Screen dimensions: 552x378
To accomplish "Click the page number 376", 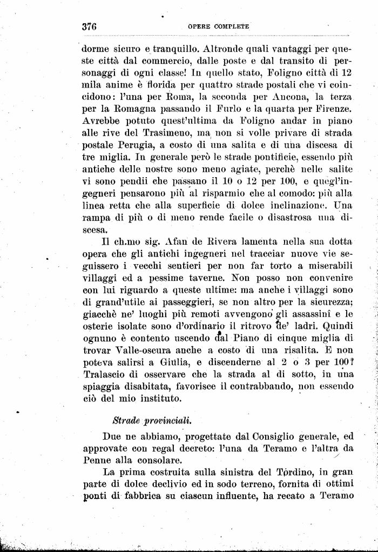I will coord(89,26).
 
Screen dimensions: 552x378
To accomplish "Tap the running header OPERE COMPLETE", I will coord(218,26).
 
